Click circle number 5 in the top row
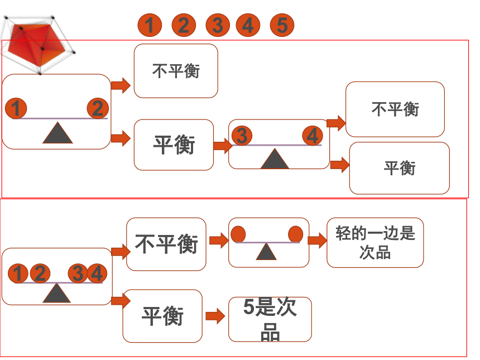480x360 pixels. coord(282,25)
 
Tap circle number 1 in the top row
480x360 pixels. coord(150,25)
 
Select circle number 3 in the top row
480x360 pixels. coord(218,25)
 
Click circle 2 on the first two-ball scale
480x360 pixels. coord(98,108)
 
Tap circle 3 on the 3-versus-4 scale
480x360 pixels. coord(242,136)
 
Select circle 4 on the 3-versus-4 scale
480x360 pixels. coord(313,136)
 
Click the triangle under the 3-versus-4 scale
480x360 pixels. coord(275,159)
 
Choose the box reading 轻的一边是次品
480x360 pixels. coord(375,242)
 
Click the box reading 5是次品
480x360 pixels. coord(270,319)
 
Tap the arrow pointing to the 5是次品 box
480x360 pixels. coord(215,316)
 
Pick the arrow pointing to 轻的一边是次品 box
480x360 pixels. coord(317,240)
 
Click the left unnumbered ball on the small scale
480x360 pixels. coord(238,234)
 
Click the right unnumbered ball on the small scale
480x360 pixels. coord(295,234)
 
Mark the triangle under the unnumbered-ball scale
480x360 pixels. coord(266,252)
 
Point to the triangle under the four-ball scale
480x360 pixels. coord(56,293)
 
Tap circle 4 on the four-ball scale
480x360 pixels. coord(97,273)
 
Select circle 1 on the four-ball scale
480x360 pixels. coord(18,273)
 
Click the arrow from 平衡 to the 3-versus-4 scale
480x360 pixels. coord(223,146)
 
